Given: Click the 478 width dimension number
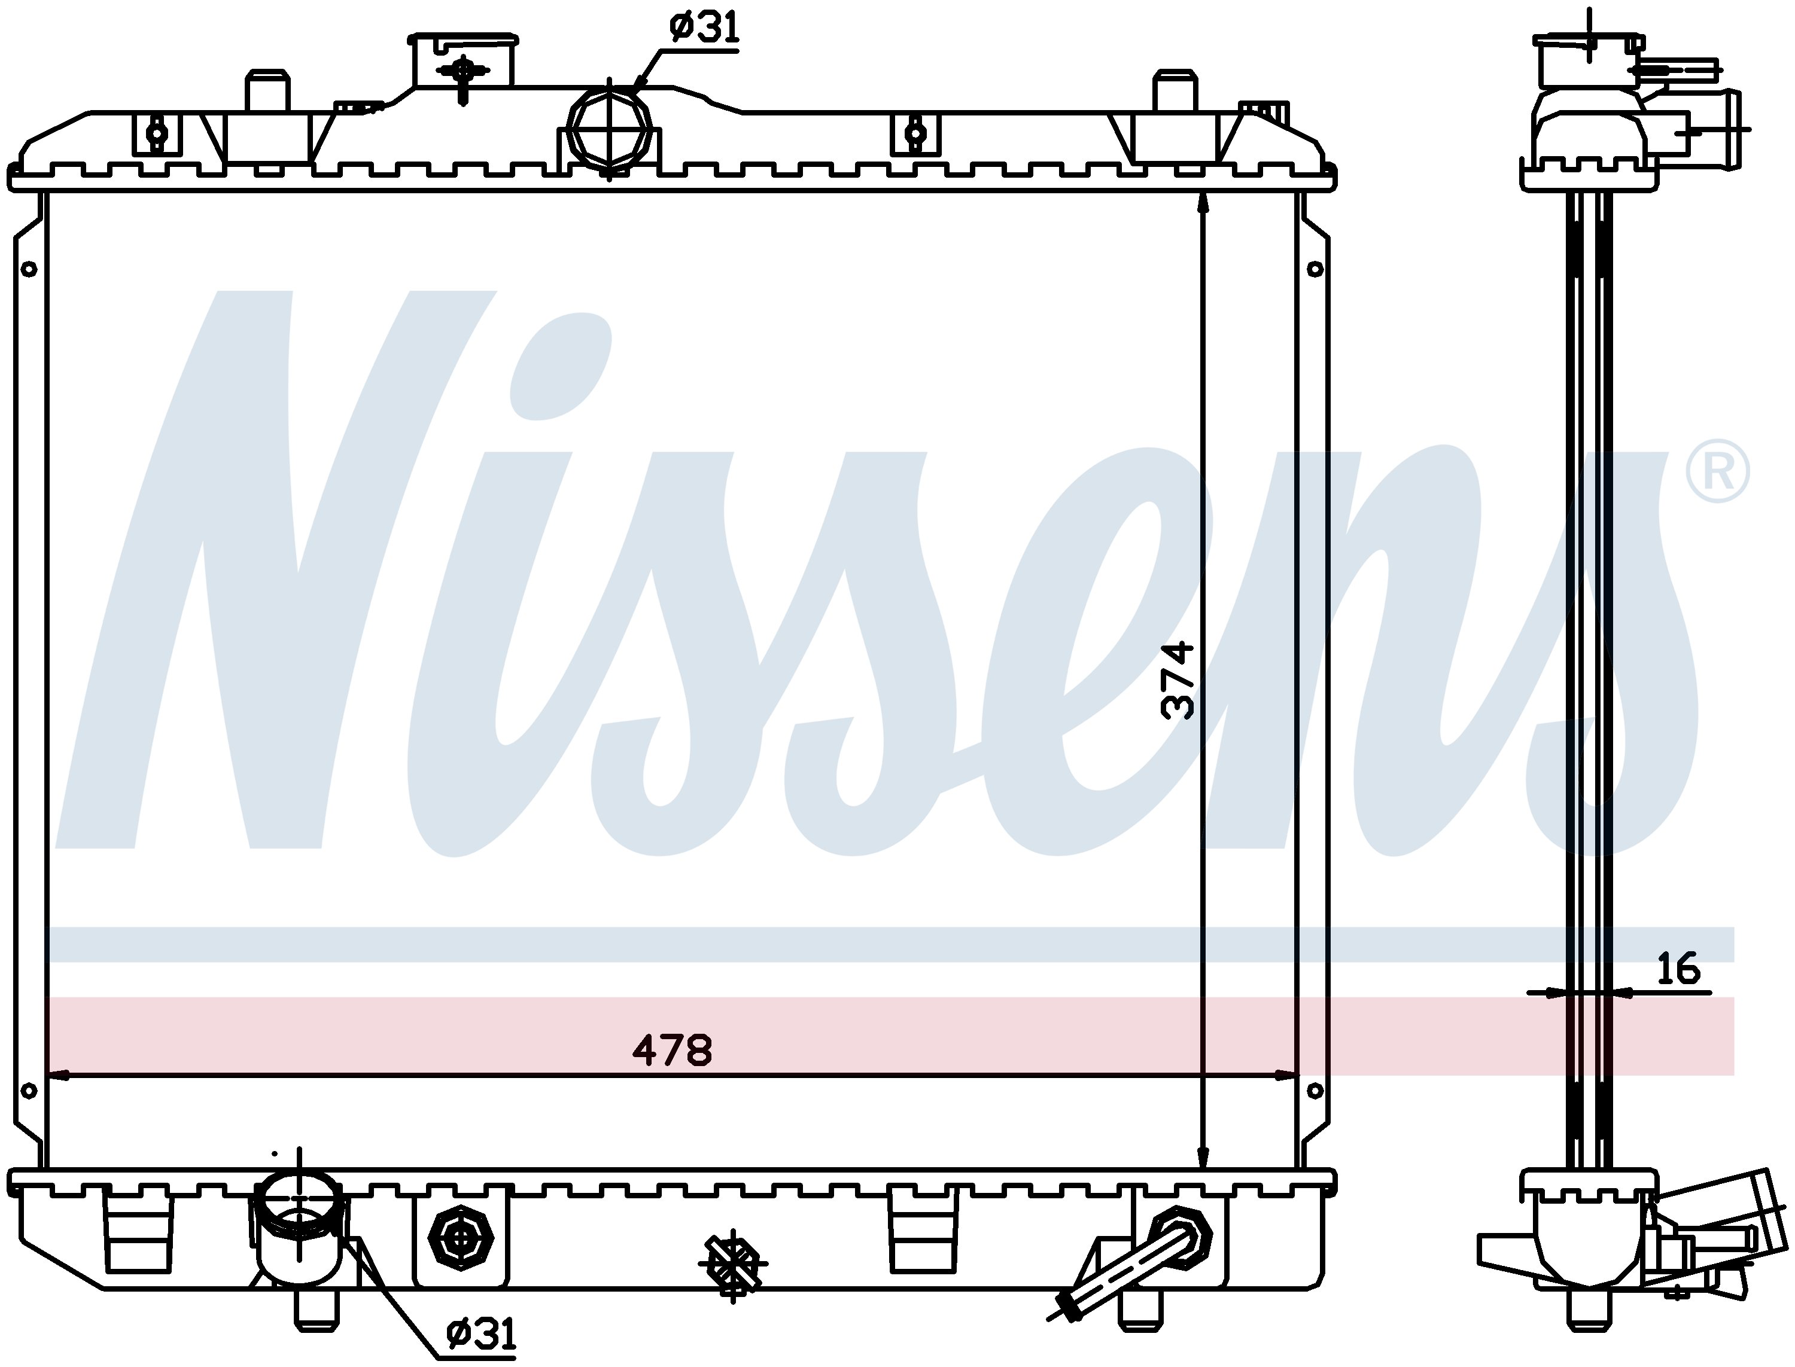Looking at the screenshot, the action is [x=672, y=1050].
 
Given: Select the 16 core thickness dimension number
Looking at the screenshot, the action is [x=1679, y=969].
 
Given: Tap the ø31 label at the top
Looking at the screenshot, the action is [x=705, y=29].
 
